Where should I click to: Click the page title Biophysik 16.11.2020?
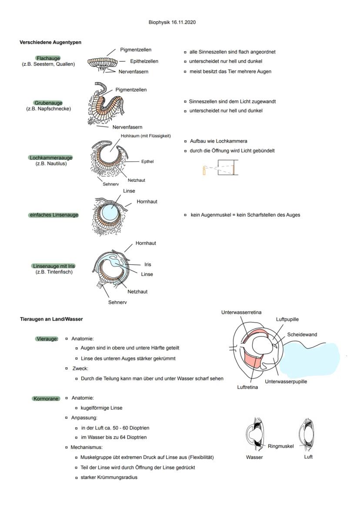(172, 22)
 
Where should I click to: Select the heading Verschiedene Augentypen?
(50, 43)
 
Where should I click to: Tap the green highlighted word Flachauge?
(48, 58)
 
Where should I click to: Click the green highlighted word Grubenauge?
(48, 103)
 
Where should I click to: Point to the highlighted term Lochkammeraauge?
(51, 158)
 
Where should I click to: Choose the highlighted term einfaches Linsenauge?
(53, 215)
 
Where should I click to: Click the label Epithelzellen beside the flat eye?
(144, 61)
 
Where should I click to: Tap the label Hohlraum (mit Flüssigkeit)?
(146, 136)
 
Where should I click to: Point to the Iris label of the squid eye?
(148, 264)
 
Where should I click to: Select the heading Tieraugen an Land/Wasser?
(51, 319)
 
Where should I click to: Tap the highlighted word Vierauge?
(47, 339)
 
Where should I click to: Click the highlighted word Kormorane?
(46, 398)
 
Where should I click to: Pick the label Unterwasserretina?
(241, 312)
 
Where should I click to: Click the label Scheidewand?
(302, 335)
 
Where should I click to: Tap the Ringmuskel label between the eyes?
(280, 446)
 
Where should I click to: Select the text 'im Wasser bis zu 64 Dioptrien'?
(113, 437)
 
